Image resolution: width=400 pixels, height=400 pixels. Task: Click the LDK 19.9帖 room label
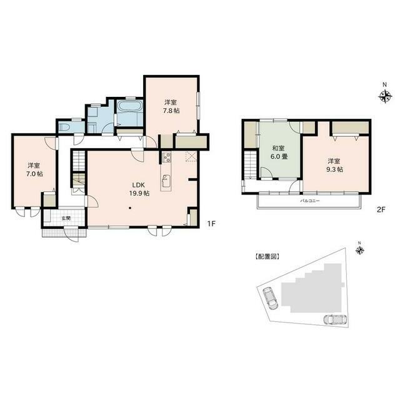tap(139, 189)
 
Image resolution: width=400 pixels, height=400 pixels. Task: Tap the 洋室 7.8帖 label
tap(172, 106)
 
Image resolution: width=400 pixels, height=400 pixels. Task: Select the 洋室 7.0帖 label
tap(34, 169)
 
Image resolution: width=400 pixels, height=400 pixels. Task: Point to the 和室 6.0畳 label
tap(279, 152)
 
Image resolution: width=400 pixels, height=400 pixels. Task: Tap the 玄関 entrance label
tap(66, 218)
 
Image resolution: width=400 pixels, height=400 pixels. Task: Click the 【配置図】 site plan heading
tap(267, 256)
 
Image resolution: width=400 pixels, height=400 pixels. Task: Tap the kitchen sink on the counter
tap(166, 182)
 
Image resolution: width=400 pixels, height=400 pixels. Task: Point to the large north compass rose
tap(386, 96)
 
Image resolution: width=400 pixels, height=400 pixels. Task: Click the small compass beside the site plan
tap(359, 251)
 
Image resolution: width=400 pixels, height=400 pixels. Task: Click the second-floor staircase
tap(250, 165)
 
